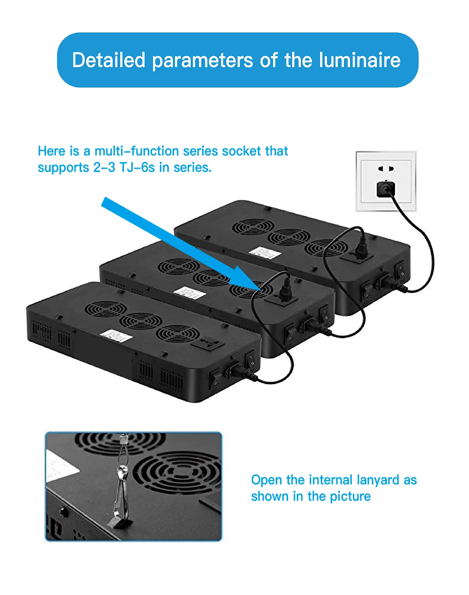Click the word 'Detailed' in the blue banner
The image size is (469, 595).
[x=108, y=60]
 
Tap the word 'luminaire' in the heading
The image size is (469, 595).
[x=360, y=60]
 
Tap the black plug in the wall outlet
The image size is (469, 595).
[x=386, y=189]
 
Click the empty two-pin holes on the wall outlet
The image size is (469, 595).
[x=386, y=168]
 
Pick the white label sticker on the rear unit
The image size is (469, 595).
[x=265, y=253]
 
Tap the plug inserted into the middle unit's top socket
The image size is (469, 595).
[x=286, y=290]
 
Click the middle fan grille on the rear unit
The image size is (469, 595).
[x=289, y=238]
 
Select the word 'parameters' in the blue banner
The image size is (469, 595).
[x=203, y=60]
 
